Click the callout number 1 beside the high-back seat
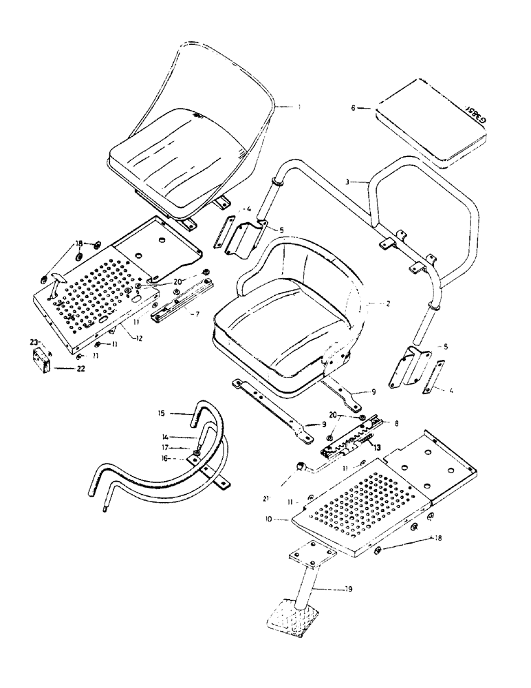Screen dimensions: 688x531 [x=300, y=107]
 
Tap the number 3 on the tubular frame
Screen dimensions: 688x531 [x=349, y=182]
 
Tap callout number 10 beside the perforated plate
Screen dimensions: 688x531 [x=285, y=521]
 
